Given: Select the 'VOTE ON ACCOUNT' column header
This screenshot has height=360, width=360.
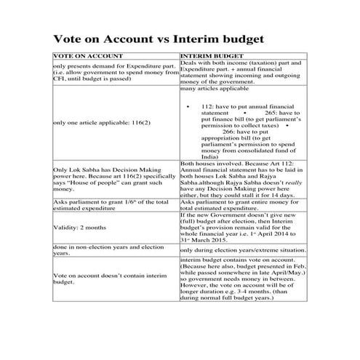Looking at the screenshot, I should point(83,56).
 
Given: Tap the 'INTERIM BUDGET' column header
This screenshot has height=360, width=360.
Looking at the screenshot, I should point(210,56).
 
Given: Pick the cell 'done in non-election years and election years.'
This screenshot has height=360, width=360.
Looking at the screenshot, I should point(106,250).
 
